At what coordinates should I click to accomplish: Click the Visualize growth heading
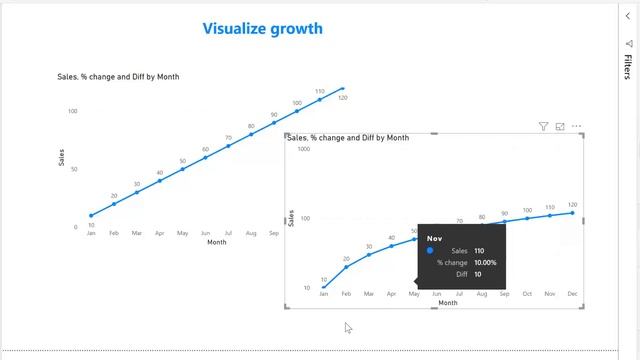click(263, 28)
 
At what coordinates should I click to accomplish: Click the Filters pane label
click(627, 67)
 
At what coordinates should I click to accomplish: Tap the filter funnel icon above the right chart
click(544, 127)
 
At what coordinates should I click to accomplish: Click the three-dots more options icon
click(576, 127)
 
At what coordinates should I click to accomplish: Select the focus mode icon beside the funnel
click(560, 127)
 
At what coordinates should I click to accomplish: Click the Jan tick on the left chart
click(91, 233)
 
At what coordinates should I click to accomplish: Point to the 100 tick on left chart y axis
click(73, 110)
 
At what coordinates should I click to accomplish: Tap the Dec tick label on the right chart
click(572, 295)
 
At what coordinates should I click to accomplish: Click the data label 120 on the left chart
click(342, 98)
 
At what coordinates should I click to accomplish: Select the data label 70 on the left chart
click(228, 138)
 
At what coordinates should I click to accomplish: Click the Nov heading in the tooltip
click(434, 239)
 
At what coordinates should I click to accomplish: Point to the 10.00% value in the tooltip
click(484, 263)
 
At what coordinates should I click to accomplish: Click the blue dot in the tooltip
click(430, 251)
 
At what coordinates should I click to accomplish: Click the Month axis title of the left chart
click(216, 242)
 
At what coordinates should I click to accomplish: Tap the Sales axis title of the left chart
click(61, 157)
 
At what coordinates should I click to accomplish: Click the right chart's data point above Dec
click(572, 212)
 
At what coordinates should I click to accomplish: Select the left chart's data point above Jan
click(91, 215)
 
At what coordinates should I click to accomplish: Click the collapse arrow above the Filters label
click(628, 17)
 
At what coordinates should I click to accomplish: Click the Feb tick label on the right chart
click(346, 295)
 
